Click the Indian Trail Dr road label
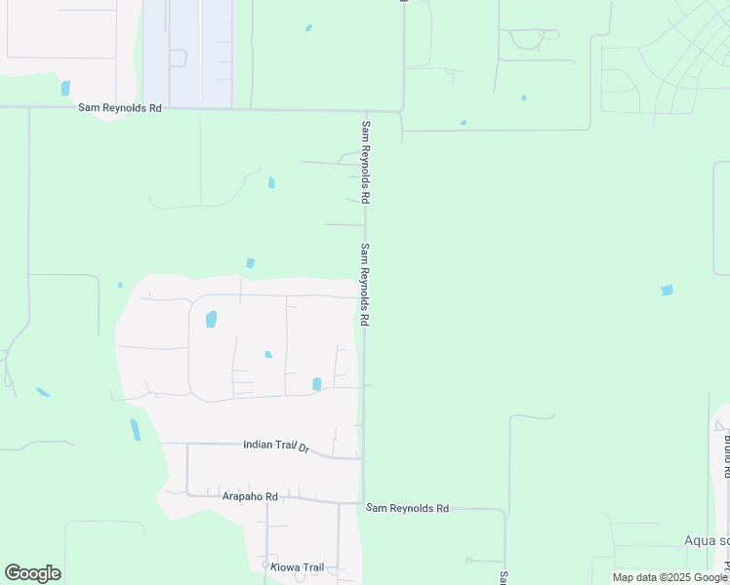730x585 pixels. tap(275, 446)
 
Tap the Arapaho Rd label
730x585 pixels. tap(251, 496)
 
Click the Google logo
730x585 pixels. tap(32, 573)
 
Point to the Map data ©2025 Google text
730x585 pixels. tap(669, 577)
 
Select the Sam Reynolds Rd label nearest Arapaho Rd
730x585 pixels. tap(407, 509)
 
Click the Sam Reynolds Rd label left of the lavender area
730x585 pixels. tap(119, 108)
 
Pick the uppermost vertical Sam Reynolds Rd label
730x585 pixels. tap(366, 161)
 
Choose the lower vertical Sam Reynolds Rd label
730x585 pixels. tap(365, 284)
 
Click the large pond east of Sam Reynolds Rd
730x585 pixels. tap(667, 290)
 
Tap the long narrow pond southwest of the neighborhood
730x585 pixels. tap(135, 429)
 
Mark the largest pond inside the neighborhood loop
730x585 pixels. tap(211, 319)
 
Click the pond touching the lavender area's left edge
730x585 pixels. tap(65, 88)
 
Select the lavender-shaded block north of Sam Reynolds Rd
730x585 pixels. tap(187, 54)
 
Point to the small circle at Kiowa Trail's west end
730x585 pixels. tap(264, 565)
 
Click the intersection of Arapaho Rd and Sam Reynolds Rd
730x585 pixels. tap(363, 503)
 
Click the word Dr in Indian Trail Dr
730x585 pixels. tap(304, 448)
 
